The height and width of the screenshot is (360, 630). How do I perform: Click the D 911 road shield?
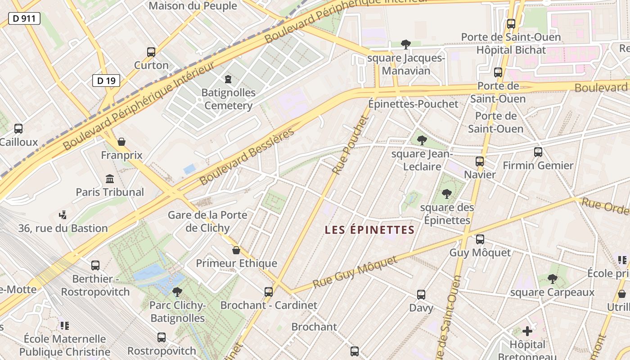(24, 18)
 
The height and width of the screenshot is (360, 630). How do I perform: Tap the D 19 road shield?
(106, 81)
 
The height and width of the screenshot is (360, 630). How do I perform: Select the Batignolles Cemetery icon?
(228, 80)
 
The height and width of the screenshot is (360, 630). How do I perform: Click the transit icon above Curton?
(151, 52)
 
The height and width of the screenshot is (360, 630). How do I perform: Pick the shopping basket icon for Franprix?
(121, 142)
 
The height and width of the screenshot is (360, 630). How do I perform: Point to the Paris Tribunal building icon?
(110, 179)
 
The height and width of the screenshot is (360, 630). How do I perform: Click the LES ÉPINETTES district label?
(369, 230)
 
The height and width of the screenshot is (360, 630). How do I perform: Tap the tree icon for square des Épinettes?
(446, 194)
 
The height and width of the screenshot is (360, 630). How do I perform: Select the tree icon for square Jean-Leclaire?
(422, 140)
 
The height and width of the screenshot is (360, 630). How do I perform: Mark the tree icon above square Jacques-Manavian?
(405, 44)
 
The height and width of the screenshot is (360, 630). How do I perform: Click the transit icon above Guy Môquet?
(480, 239)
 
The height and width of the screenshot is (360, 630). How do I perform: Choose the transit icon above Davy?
(421, 295)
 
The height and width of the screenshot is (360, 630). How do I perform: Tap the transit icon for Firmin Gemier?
(538, 152)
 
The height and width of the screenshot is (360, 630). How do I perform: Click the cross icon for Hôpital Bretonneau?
(527, 332)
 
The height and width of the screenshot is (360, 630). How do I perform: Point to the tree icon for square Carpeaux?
(553, 279)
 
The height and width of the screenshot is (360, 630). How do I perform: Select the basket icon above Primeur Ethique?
(236, 250)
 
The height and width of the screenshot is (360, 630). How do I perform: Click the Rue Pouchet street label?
(351, 145)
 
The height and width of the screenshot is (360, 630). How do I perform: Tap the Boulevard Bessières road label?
(247, 156)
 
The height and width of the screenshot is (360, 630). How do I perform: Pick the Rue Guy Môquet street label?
(355, 272)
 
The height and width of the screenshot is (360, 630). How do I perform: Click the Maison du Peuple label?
(193, 6)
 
